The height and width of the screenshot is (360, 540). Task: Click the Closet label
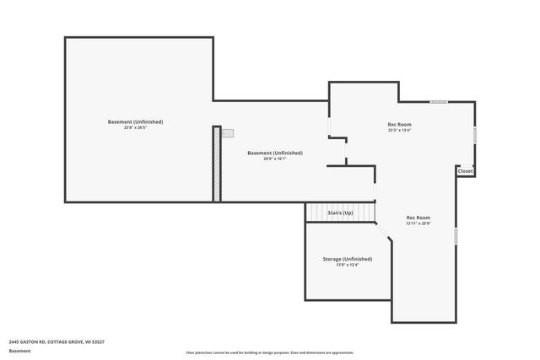[x=465, y=171]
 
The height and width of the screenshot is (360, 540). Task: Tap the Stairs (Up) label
[x=340, y=213]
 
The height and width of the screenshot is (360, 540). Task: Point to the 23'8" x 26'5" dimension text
[x=135, y=128]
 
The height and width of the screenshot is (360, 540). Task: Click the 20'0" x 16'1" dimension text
[x=274, y=159]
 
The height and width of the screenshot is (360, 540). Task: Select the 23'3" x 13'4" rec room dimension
[x=399, y=131]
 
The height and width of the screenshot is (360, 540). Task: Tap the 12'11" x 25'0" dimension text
[x=418, y=223]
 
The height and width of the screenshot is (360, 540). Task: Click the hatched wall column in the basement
[x=217, y=164]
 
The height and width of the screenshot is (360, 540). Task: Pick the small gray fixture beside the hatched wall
[x=228, y=133]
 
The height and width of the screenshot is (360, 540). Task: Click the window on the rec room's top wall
[x=439, y=102]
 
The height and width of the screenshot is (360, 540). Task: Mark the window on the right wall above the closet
[x=474, y=135]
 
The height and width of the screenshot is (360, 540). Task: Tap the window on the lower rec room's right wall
[x=455, y=235]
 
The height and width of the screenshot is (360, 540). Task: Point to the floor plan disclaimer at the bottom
[x=270, y=352]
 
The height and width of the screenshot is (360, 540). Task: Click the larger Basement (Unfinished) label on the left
[x=135, y=121]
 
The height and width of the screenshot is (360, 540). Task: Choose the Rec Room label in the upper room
[x=399, y=124]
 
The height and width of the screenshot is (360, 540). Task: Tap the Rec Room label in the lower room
[x=418, y=218]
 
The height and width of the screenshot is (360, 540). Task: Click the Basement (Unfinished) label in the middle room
[x=274, y=153]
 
